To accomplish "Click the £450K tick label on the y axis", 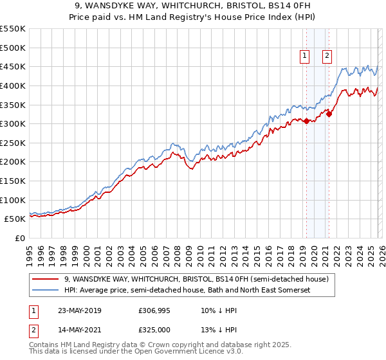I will [13, 66].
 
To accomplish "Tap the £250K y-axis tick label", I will [13, 143].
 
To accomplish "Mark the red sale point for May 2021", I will [329, 114].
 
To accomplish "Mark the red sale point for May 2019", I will [306, 121].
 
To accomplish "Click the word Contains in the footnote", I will [45, 345].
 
